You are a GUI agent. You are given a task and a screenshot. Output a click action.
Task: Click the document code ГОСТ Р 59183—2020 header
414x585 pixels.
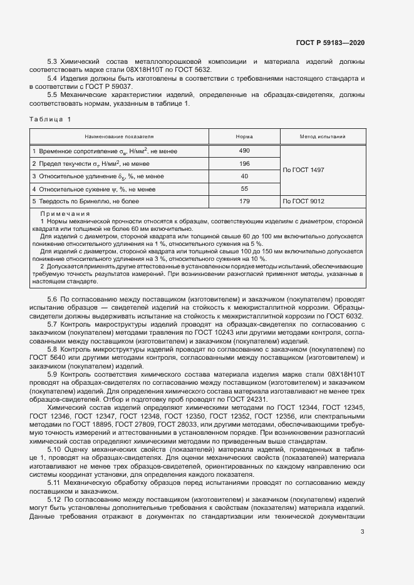(329, 43)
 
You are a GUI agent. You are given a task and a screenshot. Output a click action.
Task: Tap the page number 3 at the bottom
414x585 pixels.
(363, 532)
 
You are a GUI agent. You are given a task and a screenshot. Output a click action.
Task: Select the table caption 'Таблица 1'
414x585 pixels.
(51, 119)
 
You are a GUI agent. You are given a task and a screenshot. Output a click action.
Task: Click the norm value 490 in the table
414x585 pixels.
(244, 151)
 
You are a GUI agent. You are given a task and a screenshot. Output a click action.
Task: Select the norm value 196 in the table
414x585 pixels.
(244, 163)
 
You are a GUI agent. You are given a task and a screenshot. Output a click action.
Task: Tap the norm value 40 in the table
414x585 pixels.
(244, 176)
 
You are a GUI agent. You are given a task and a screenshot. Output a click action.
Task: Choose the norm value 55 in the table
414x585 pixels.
(244, 189)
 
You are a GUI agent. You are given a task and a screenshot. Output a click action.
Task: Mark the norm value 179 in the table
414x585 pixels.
(244, 201)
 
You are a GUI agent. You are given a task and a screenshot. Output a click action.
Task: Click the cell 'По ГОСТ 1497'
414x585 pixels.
(304, 170)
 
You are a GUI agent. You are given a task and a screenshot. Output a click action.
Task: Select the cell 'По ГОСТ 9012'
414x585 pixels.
(304, 201)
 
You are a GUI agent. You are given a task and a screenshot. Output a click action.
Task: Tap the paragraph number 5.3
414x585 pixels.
(53, 62)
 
